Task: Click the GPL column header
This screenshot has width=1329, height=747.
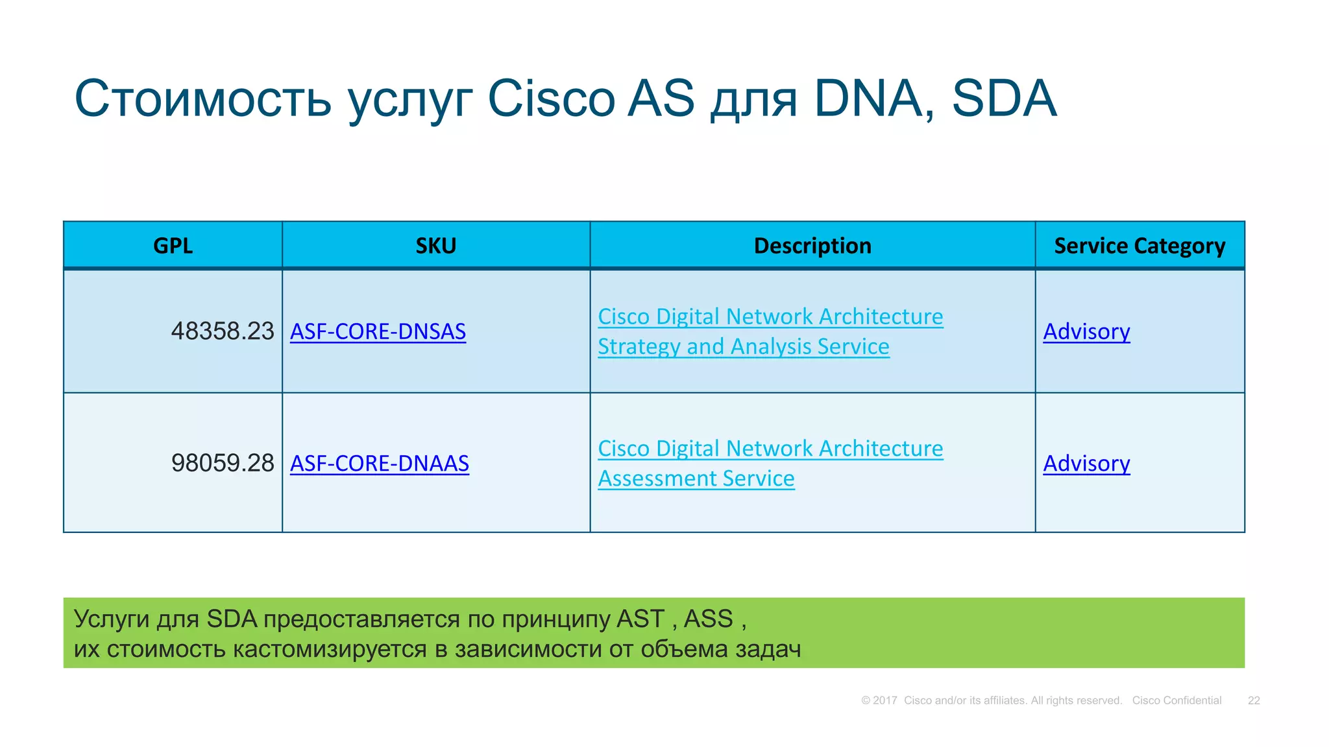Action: tap(173, 246)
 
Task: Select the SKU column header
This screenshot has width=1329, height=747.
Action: tap(435, 246)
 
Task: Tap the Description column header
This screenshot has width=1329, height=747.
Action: tap(812, 246)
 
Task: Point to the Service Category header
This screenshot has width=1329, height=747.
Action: tap(1139, 246)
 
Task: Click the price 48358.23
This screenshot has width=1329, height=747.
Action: tap(223, 331)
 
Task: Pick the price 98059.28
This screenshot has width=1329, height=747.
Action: tap(223, 463)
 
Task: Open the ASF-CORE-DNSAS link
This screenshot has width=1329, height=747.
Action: tap(378, 331)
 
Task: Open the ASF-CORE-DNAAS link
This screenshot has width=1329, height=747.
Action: tap(379, 463)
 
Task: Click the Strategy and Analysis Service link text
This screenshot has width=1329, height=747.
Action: tap(743, 346)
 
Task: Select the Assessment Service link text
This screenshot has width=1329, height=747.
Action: tap(696, 479)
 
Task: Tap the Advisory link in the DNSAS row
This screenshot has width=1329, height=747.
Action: tap(1086, 331)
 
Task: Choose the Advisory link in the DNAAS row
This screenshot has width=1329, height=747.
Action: tap(1086, 463)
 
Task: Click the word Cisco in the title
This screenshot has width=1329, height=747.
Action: tap(551, 99)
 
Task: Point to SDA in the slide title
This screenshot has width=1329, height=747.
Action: tap(1004, 99)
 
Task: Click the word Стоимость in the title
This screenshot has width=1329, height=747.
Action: tap(203, 99)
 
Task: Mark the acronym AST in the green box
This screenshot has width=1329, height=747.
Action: tap(640, 619)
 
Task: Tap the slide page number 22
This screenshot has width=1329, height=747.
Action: tap(1253, 700)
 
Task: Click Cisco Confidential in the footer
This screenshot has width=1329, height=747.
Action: tap(1177, 700)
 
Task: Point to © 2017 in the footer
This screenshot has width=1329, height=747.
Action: tap(879, 700)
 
